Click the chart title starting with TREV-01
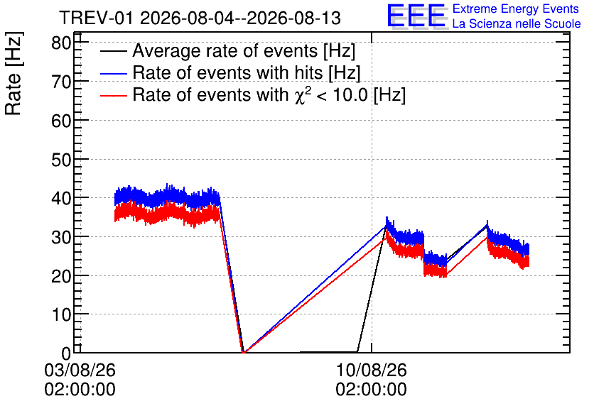click(x=200, y=18)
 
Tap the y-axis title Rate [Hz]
click(x=13, y=73)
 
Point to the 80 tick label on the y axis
click(x=61, y=43)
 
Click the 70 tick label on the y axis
click(x=61, y=82)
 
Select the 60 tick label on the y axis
click(x=61, y=121)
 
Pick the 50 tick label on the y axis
click(x=61, y=159)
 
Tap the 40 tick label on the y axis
click(x=61, y=198)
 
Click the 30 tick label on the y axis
click(x=61, y=237)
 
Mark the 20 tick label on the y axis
click(x=61, y=276)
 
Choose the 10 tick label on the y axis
click(x=61, y=314)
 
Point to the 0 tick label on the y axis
click(x=66, y=353)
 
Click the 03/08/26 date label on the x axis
click(x=80, y=370)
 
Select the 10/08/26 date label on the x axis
click(x=371, y=370)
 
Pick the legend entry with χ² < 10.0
click(x=269, y=94)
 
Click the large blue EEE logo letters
click(x=416, y=16)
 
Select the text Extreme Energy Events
click(x=516, y=9)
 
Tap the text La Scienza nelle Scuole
click(x=517, y=23)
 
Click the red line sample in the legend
click(x=114, y=96)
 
